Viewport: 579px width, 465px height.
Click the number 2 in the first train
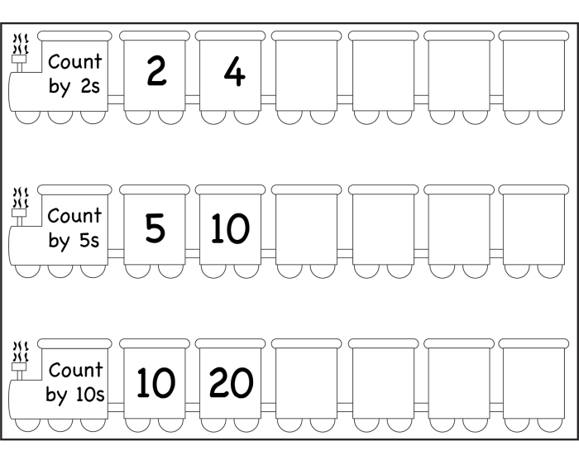coord(156,73)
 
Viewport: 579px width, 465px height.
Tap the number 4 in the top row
coord(234,73)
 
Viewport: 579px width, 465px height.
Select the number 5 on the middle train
coord(156,228)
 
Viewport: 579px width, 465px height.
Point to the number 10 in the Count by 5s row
coord(230,228)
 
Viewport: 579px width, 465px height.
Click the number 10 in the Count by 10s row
coord(156,382)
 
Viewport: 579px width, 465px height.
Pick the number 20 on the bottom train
coord(231,382)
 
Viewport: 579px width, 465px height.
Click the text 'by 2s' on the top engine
coord(74,87)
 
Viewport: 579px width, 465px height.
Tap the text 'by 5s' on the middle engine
coord(74,242)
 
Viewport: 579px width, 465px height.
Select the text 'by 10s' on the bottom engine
coord(75,395)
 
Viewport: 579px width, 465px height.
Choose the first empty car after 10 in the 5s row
coord(306,229)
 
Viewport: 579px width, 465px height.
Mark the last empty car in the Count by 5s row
coord(534,229)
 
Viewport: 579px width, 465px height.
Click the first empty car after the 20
coord(306,383)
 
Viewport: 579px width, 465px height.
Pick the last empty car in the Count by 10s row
coord(534,383)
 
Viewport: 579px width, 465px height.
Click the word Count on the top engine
coord(75,61)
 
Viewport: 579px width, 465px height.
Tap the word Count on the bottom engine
coord(75,370)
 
